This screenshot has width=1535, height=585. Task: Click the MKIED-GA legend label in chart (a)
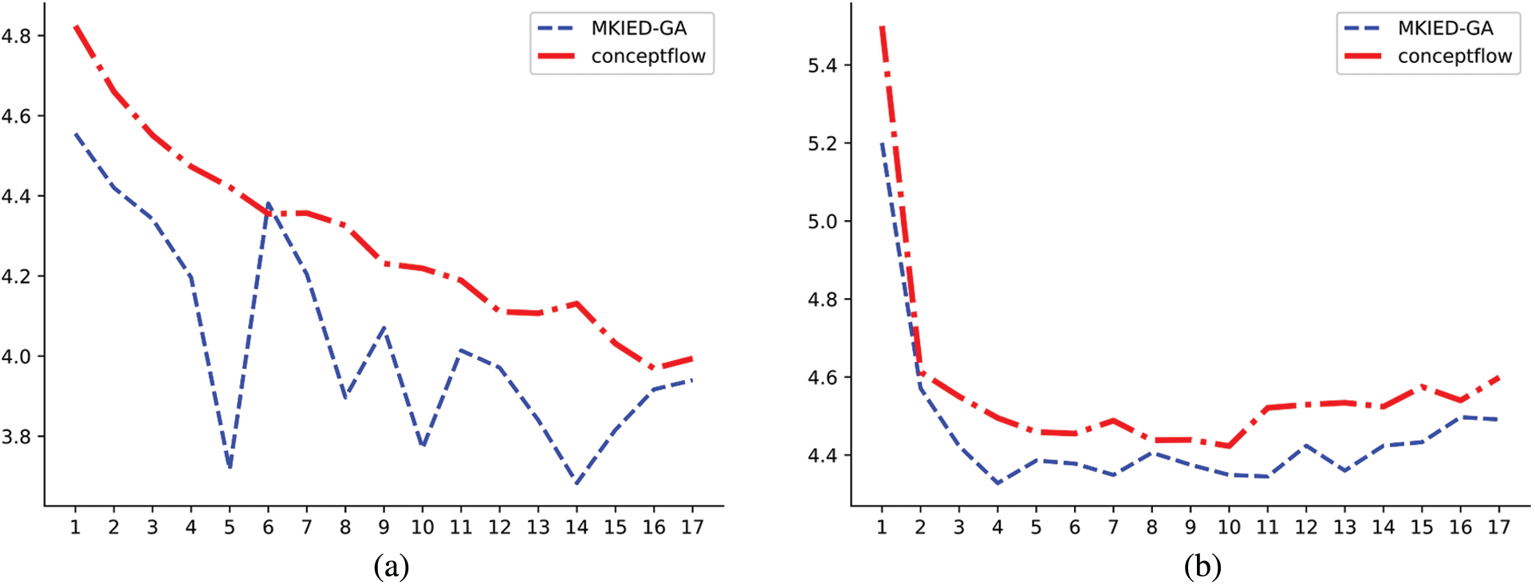pyautogui.click(x=639, y=29)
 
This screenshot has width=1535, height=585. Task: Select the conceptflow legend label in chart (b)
pyautogui.click(x=1454, y=57)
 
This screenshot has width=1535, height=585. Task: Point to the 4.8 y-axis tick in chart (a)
pyautogui.click(x=16, y=36)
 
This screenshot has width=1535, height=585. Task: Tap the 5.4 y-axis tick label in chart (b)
pyautogui.click(x=822, y=65)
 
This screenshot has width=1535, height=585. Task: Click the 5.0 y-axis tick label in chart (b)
pyautogui.click(x=822, y=222)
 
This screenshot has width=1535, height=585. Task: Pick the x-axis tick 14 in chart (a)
pyautogui.click(x=577, y=528)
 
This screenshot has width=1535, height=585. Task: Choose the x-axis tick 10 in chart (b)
pyautogui.click(x=1229, y=528)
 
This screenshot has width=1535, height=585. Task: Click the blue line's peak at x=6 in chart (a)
pyautogui.click(x=268, y=203)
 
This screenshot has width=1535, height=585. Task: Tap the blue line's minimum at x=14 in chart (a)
pyautogui.click(x=577, y=483)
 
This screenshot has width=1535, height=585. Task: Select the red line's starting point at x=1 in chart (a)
pyautogui.click(x=76, y=26)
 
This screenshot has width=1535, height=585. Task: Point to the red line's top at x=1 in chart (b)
pyautogui.click(x=882, y=27)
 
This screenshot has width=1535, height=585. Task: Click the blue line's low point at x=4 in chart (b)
pyautogui.click(x=998, y=483)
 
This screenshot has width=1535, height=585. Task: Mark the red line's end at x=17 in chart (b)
pyautogui.click(x=1499, y=377)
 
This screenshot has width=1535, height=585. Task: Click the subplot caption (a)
pyautogui.click(x=391, y=567)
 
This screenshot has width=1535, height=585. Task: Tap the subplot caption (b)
pyautogui.click(x=1202, y=567)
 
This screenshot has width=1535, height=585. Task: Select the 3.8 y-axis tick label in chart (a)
pyautogui.click(x=16, y=438)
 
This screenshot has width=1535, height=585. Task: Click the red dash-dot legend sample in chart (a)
pyautogui.click(x=557, y=57)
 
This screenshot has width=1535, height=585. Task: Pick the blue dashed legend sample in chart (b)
pyautogui.click(x=1363, y=29)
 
